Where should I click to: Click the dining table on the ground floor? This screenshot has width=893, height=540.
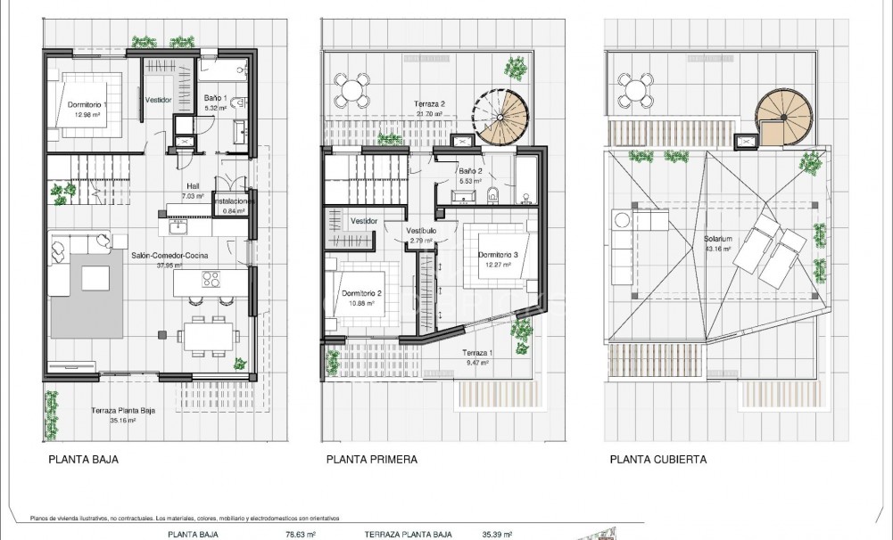click(208, 336)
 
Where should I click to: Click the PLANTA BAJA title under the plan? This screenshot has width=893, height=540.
click(82, 461)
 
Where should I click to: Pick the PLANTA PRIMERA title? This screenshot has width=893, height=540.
click(372, 461)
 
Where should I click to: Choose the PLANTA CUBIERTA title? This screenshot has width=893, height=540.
click(658, 461)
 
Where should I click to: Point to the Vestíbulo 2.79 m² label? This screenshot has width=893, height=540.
click(421, 234)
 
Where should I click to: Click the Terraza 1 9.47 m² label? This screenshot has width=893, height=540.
click(478, 357)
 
